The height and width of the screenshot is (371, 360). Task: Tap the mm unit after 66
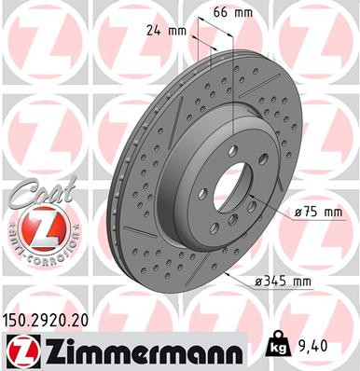click(244, 13)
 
